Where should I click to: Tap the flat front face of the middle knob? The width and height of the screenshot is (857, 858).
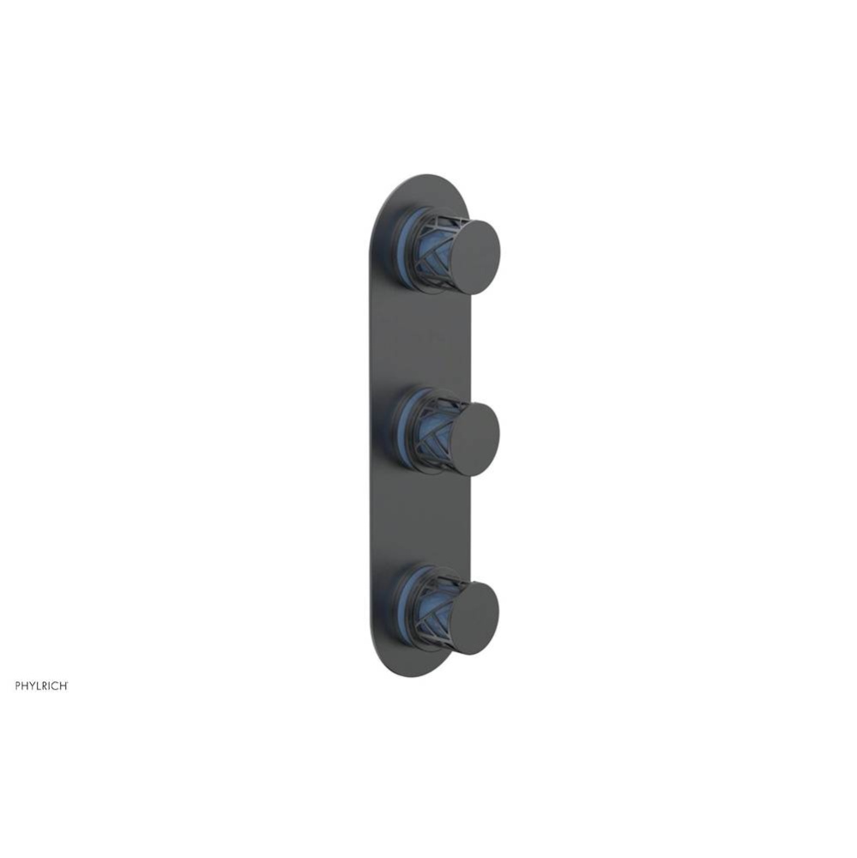[474, 438]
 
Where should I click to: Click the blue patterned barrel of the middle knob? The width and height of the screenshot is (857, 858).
[432, 432]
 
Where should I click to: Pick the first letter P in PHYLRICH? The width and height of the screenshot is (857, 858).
[18, 686]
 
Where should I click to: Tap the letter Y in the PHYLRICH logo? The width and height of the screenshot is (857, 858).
[32, 686]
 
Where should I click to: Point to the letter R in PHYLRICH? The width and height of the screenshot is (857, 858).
[45, 686]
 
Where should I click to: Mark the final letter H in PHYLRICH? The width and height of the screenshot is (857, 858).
[63, 686]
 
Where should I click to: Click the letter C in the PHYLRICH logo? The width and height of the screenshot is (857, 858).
[56, 686]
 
